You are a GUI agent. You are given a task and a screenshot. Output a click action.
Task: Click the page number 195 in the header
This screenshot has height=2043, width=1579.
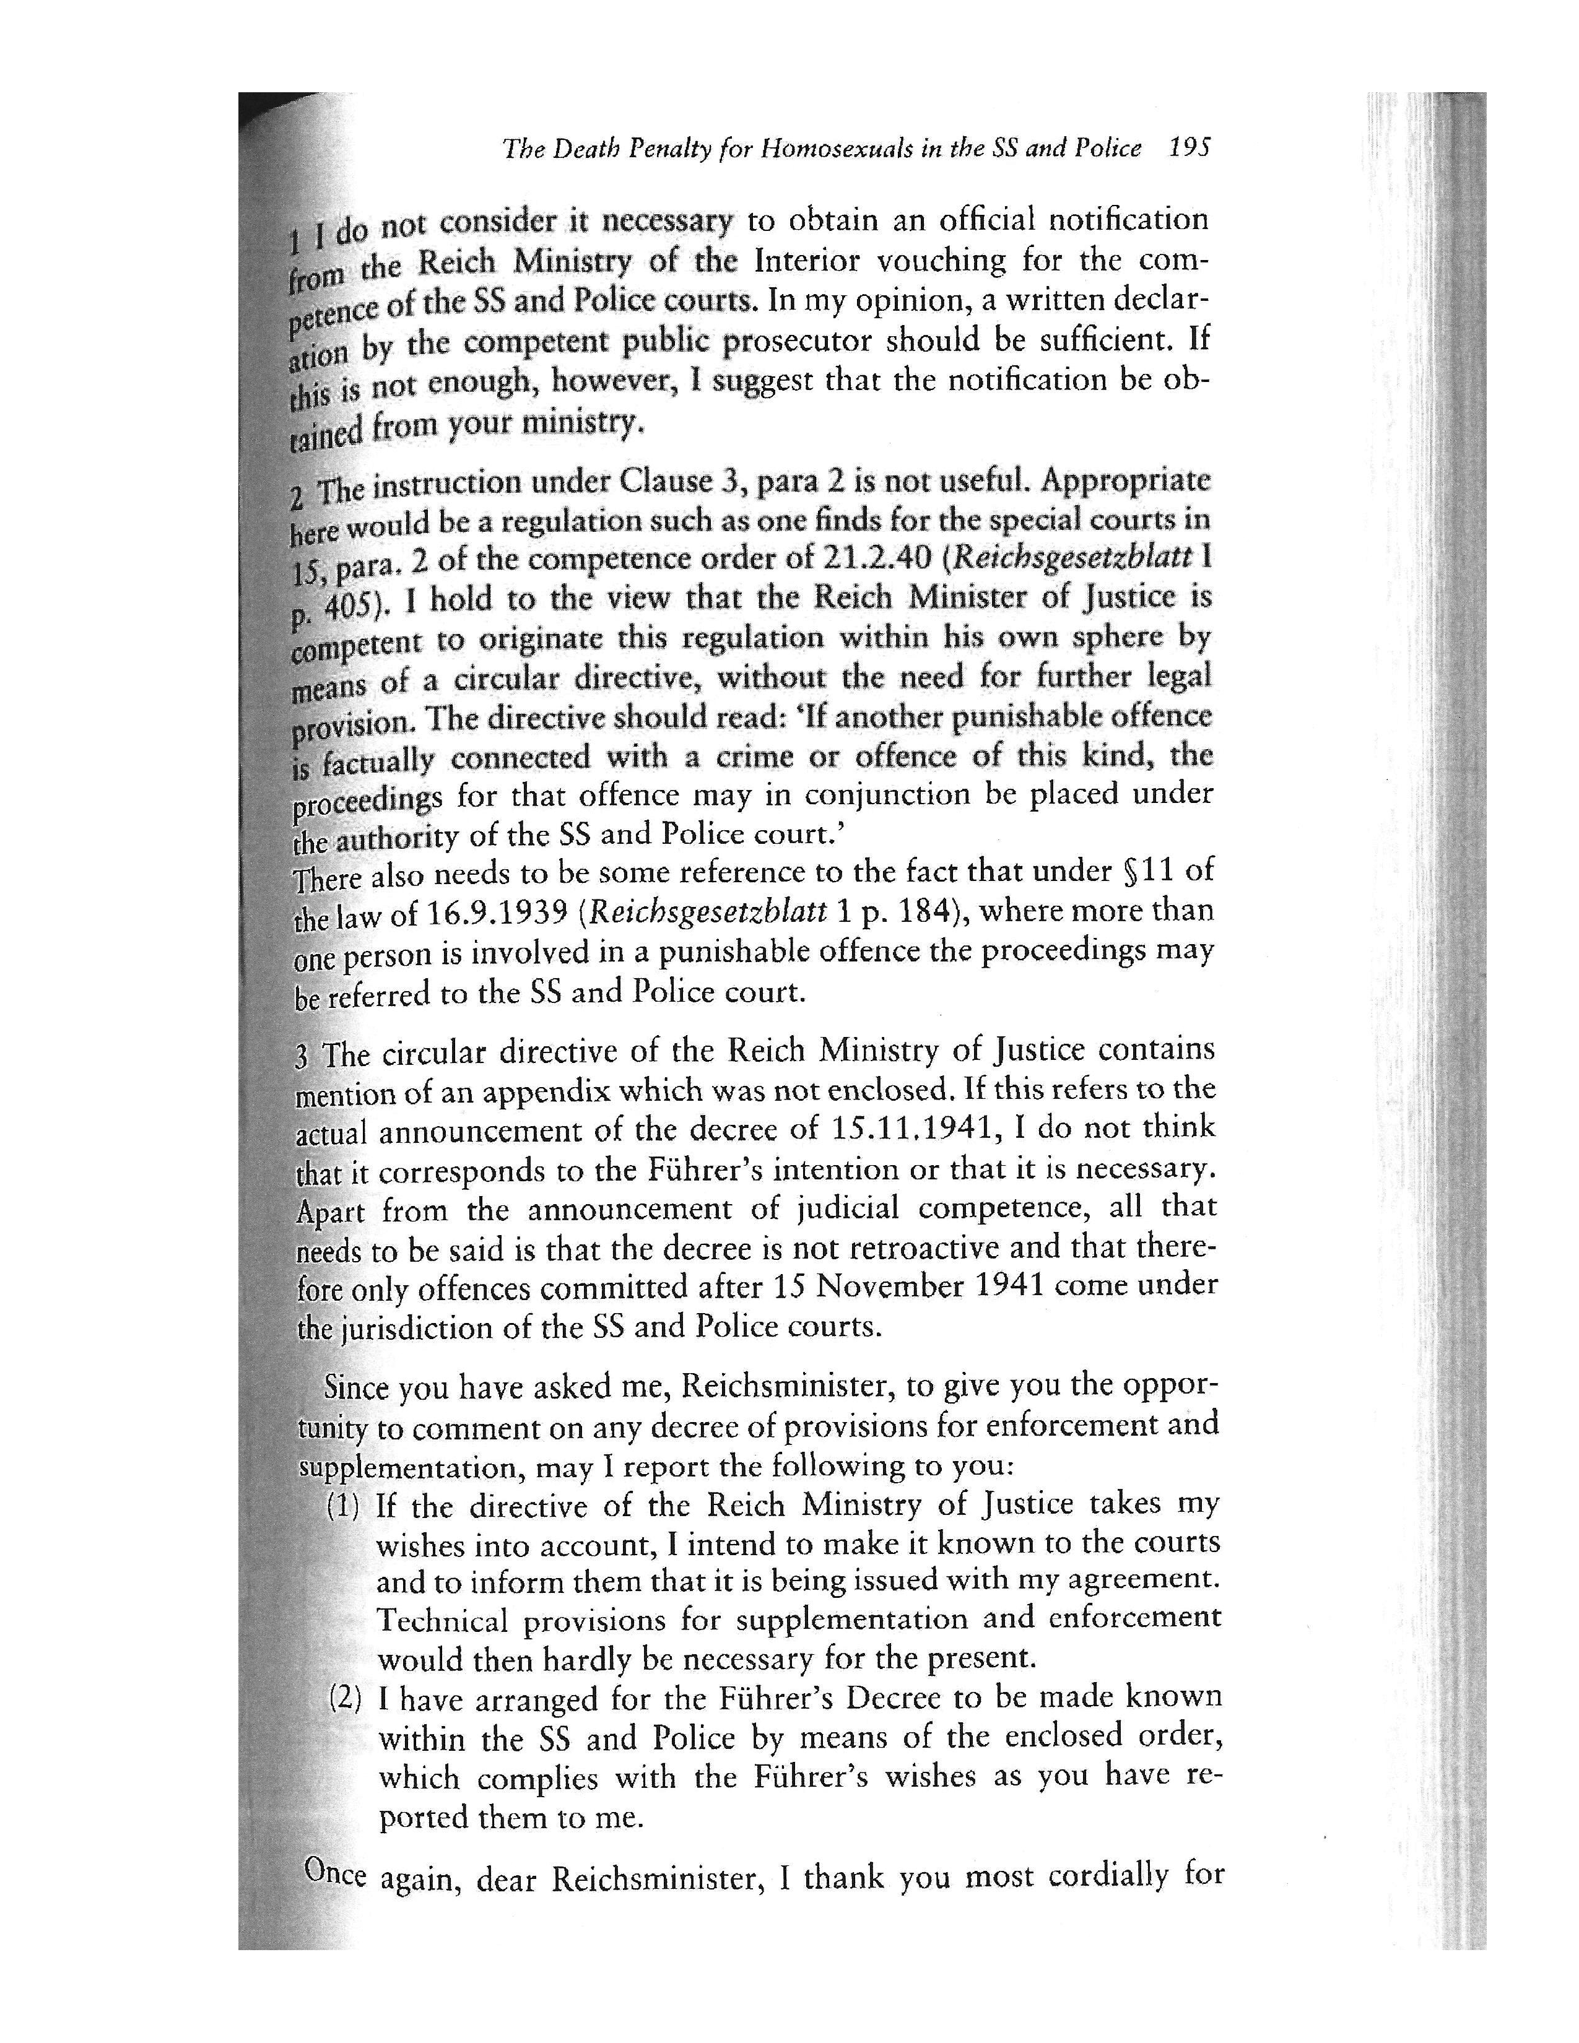click(x=1190, y=148)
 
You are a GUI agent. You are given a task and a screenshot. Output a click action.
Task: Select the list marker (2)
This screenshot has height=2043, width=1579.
click(x=345, y=1698)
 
